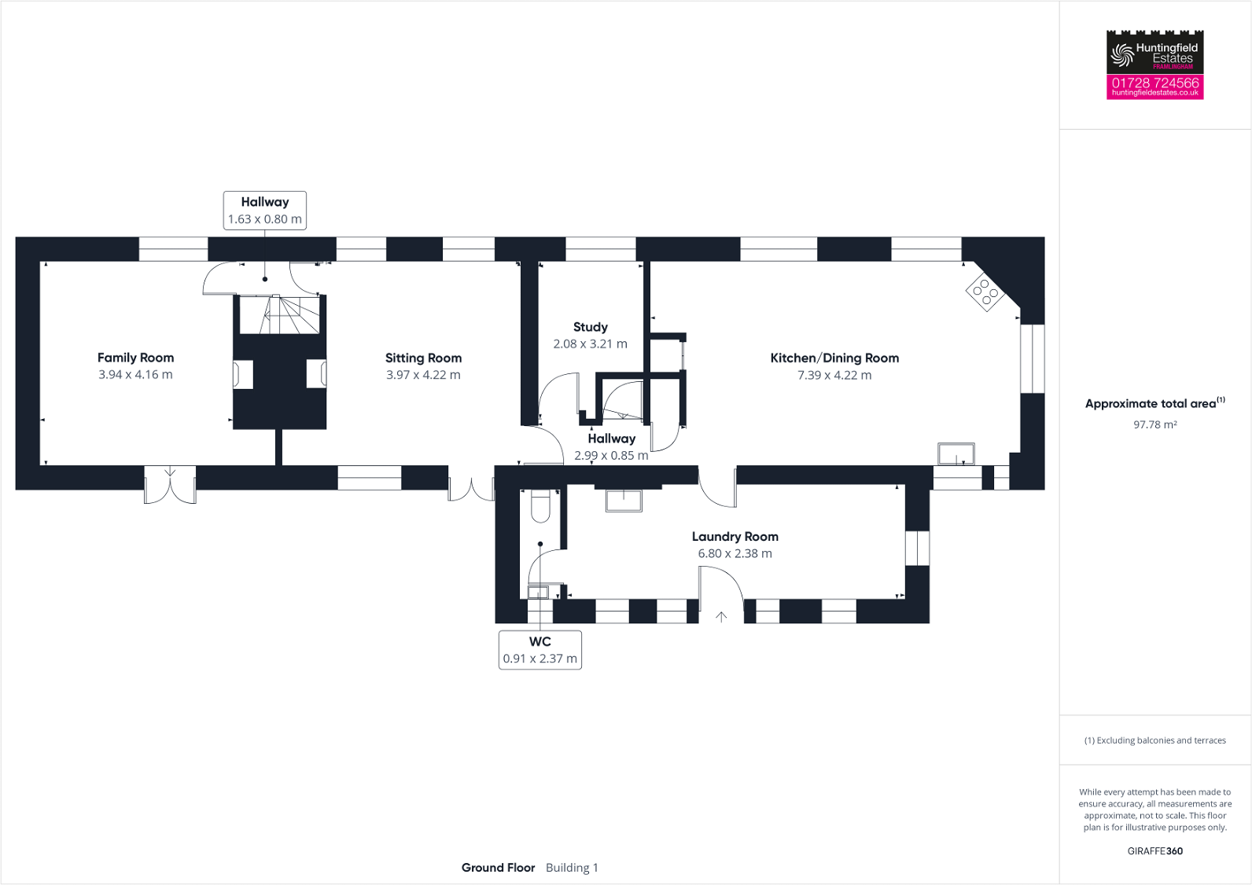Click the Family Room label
click(135, 358)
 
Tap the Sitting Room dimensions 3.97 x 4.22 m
click(423, 375)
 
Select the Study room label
click(590, 327)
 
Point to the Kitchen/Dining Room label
click(834, 358)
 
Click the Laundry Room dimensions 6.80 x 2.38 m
click(735, 553)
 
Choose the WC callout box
click(540, 650)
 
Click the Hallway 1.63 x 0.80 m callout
click(265, 211)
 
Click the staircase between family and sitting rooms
click(279, 314)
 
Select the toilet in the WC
click(540, 506)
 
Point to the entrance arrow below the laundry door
click(721, 617)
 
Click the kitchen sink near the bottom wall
click(956, 454)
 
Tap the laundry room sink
click(624, 500)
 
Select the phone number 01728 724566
click(1154, 83)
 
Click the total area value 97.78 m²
click(1154, 424)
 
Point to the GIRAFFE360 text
click(1154, 851)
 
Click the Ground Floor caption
click(498, 868)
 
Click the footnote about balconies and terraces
click(1154, 740)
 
